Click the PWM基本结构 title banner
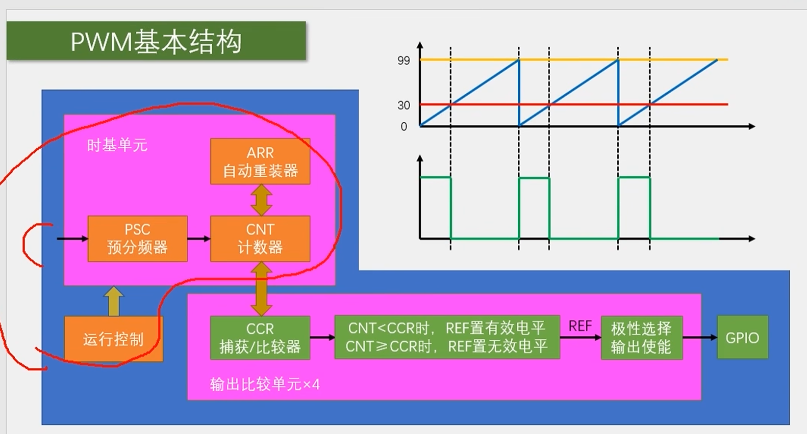point(156,41)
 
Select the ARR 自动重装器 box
point(260,162)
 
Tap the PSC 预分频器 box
point(137,239)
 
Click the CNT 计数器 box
point(260,239)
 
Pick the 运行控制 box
point(113,339)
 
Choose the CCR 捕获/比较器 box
point(260,338)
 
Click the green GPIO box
point(742,337)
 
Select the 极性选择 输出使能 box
point(641,338)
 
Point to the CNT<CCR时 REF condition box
point(447,337)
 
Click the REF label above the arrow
point(580,326)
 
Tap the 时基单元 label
point(117,145)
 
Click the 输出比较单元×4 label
point(265,384)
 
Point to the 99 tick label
point(403,60)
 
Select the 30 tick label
point(403,105)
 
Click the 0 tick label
point(403,127)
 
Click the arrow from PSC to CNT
point(199,239)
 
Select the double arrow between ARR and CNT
point(261,200)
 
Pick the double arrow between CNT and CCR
point(261,289)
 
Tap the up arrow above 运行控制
point(114,300)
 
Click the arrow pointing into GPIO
point(700,337)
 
